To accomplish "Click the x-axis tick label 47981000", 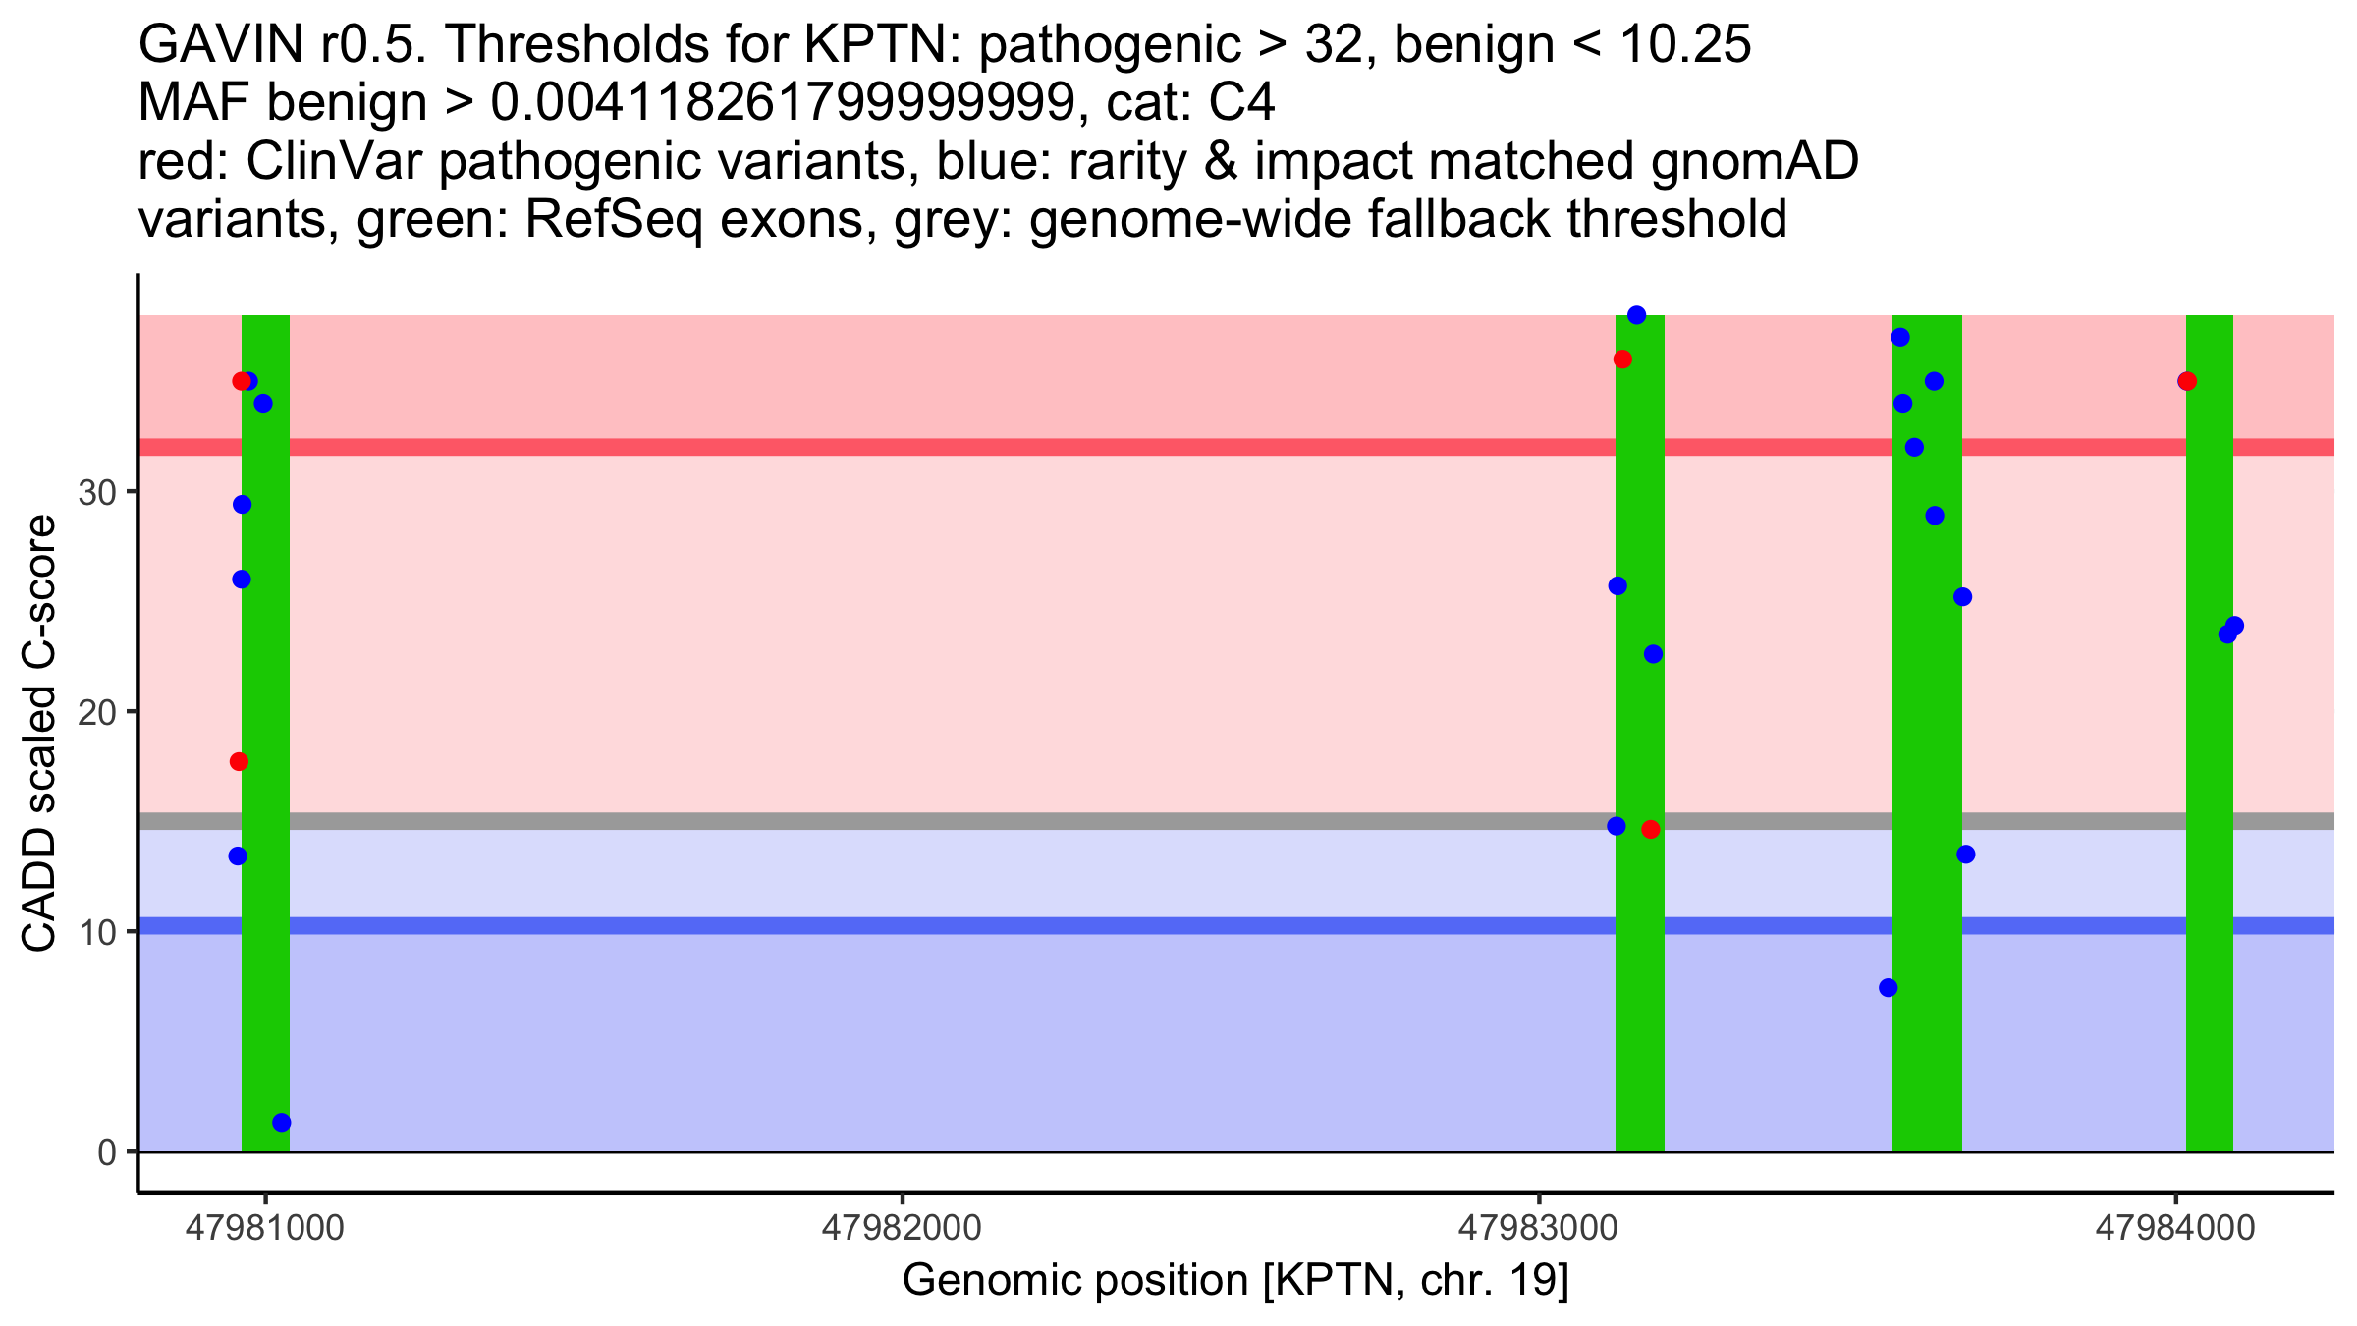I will tap(264, 1229).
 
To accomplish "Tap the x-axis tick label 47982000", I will tap(901, 1229).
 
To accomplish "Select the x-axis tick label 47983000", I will tap(1538, 1229).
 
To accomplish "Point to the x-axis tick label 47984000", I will tap(2175, 1229).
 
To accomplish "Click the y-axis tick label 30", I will tap(97, 492).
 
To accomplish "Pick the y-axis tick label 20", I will tap(97, 712).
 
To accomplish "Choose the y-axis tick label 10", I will tap(97, 932).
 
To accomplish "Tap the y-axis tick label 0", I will tap(107, 1152).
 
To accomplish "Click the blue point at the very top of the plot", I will tap(1636, 315).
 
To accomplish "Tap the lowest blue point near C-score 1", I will tap(281, 1123).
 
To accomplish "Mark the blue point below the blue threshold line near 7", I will tap(1888, 988).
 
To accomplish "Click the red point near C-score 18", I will tap(239, 761).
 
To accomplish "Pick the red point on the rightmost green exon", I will tap(2187, 381).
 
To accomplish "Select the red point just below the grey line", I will tap(1650, 829).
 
